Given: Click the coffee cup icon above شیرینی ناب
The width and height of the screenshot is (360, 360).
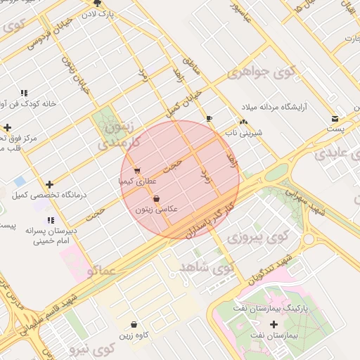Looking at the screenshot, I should [209, 118].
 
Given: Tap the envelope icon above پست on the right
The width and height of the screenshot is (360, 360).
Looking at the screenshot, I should [335, 118].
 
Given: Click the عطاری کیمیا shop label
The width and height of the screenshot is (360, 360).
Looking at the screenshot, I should [136, 181].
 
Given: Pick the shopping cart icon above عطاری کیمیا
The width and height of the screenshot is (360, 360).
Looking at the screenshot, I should [137, 170].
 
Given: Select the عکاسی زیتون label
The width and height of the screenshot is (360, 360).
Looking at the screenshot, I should [156, 210].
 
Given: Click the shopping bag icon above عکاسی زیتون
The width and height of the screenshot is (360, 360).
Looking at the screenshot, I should [156, 199].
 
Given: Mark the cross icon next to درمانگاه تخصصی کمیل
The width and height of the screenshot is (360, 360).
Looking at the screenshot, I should [49, 184].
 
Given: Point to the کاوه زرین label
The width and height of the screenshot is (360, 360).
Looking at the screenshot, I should [134, 335].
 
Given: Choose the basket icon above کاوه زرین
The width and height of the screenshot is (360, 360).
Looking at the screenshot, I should [134, 324].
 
